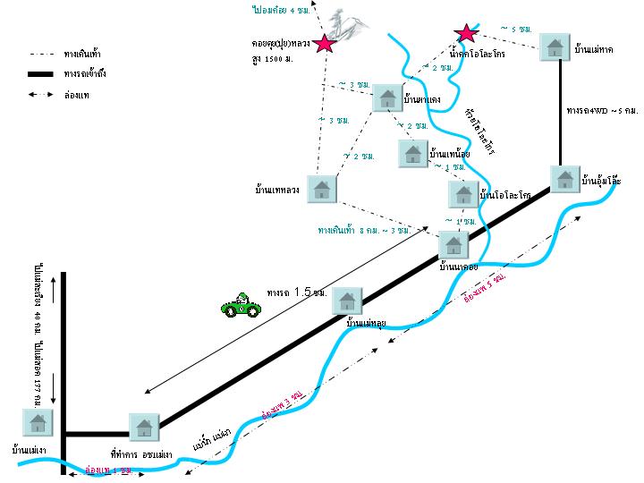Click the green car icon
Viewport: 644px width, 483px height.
241,305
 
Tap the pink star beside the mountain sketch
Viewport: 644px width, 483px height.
325,43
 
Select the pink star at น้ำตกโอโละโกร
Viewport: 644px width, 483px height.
465,34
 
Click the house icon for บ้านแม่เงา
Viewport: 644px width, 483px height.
37,421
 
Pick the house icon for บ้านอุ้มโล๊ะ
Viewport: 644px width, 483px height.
563,180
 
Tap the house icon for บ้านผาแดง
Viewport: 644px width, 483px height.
387,97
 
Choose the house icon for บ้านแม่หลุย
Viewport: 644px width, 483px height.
346,301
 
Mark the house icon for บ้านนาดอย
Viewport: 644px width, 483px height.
453,243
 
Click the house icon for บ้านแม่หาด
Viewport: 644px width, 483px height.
555,47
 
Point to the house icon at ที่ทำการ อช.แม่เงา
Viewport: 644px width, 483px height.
143,428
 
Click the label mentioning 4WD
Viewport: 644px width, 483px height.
602,110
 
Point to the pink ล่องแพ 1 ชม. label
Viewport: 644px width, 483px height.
108,469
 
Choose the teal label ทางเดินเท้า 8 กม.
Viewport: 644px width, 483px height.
369,230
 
